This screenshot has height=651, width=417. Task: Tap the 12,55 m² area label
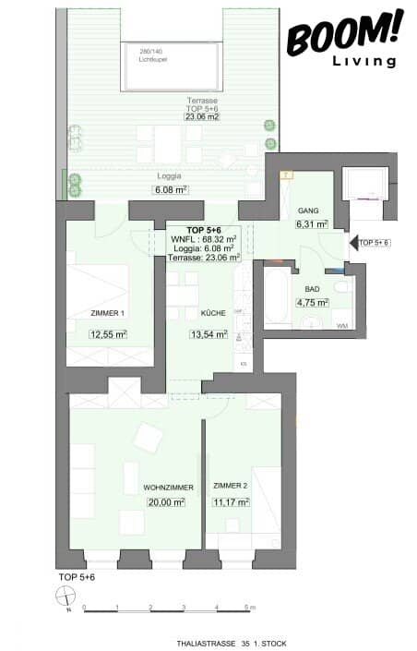click(108, 334)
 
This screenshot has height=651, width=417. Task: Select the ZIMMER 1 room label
click(108, 313)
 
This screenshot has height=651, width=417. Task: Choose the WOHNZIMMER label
click(166, 486)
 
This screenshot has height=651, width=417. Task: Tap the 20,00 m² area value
click(166, 502)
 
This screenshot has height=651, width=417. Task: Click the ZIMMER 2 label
click(230, 486)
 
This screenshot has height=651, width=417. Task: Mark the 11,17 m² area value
click(230, 502)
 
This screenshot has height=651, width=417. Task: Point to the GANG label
click(305, 210)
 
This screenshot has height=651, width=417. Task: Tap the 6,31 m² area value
click(305, 223)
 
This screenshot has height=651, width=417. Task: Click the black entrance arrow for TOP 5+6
click(352, 242)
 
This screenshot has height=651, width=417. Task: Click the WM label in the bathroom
click(341, 326)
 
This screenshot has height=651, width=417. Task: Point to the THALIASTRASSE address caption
click(213, 642)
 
